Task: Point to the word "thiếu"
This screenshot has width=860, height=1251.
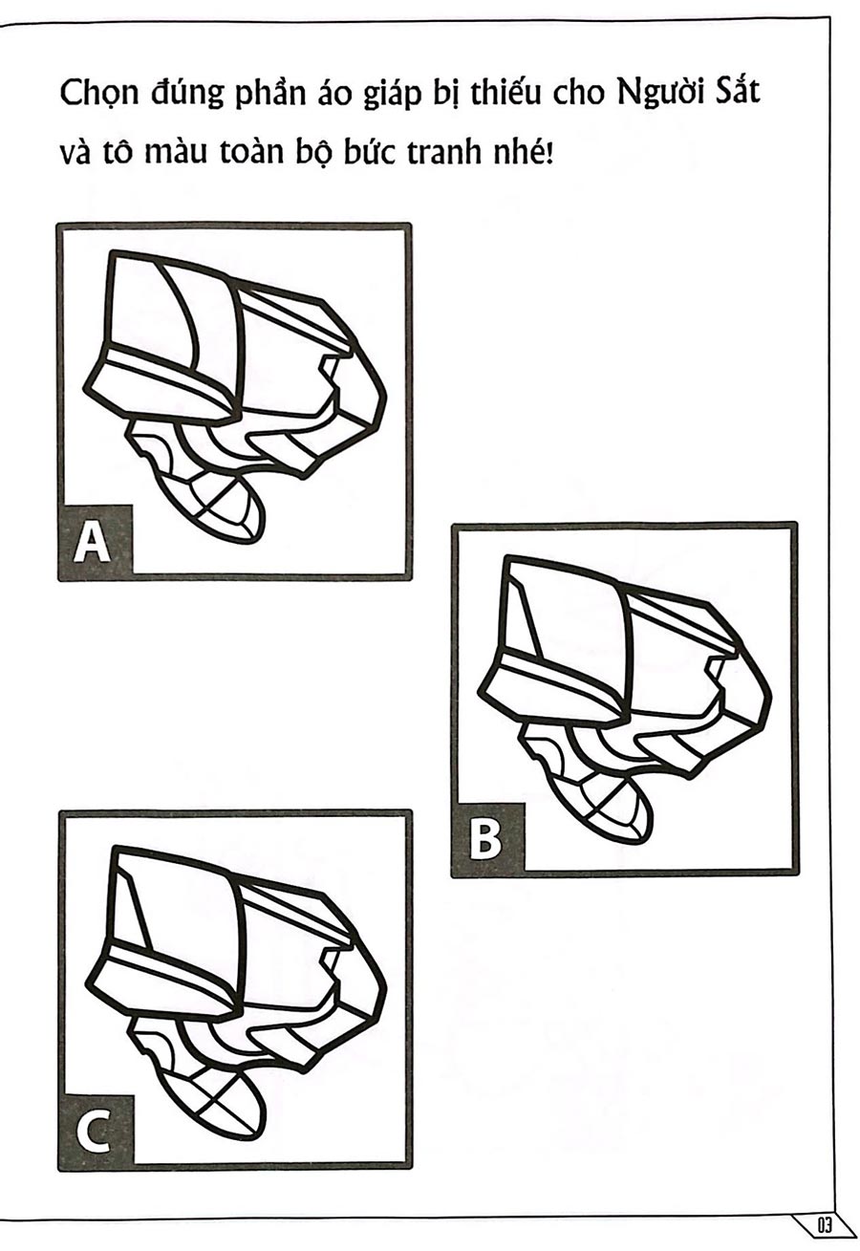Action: pos(505,94)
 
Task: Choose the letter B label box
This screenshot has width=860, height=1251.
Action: pos(487,838)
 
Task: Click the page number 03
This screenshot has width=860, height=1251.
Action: pos(825,1226)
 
